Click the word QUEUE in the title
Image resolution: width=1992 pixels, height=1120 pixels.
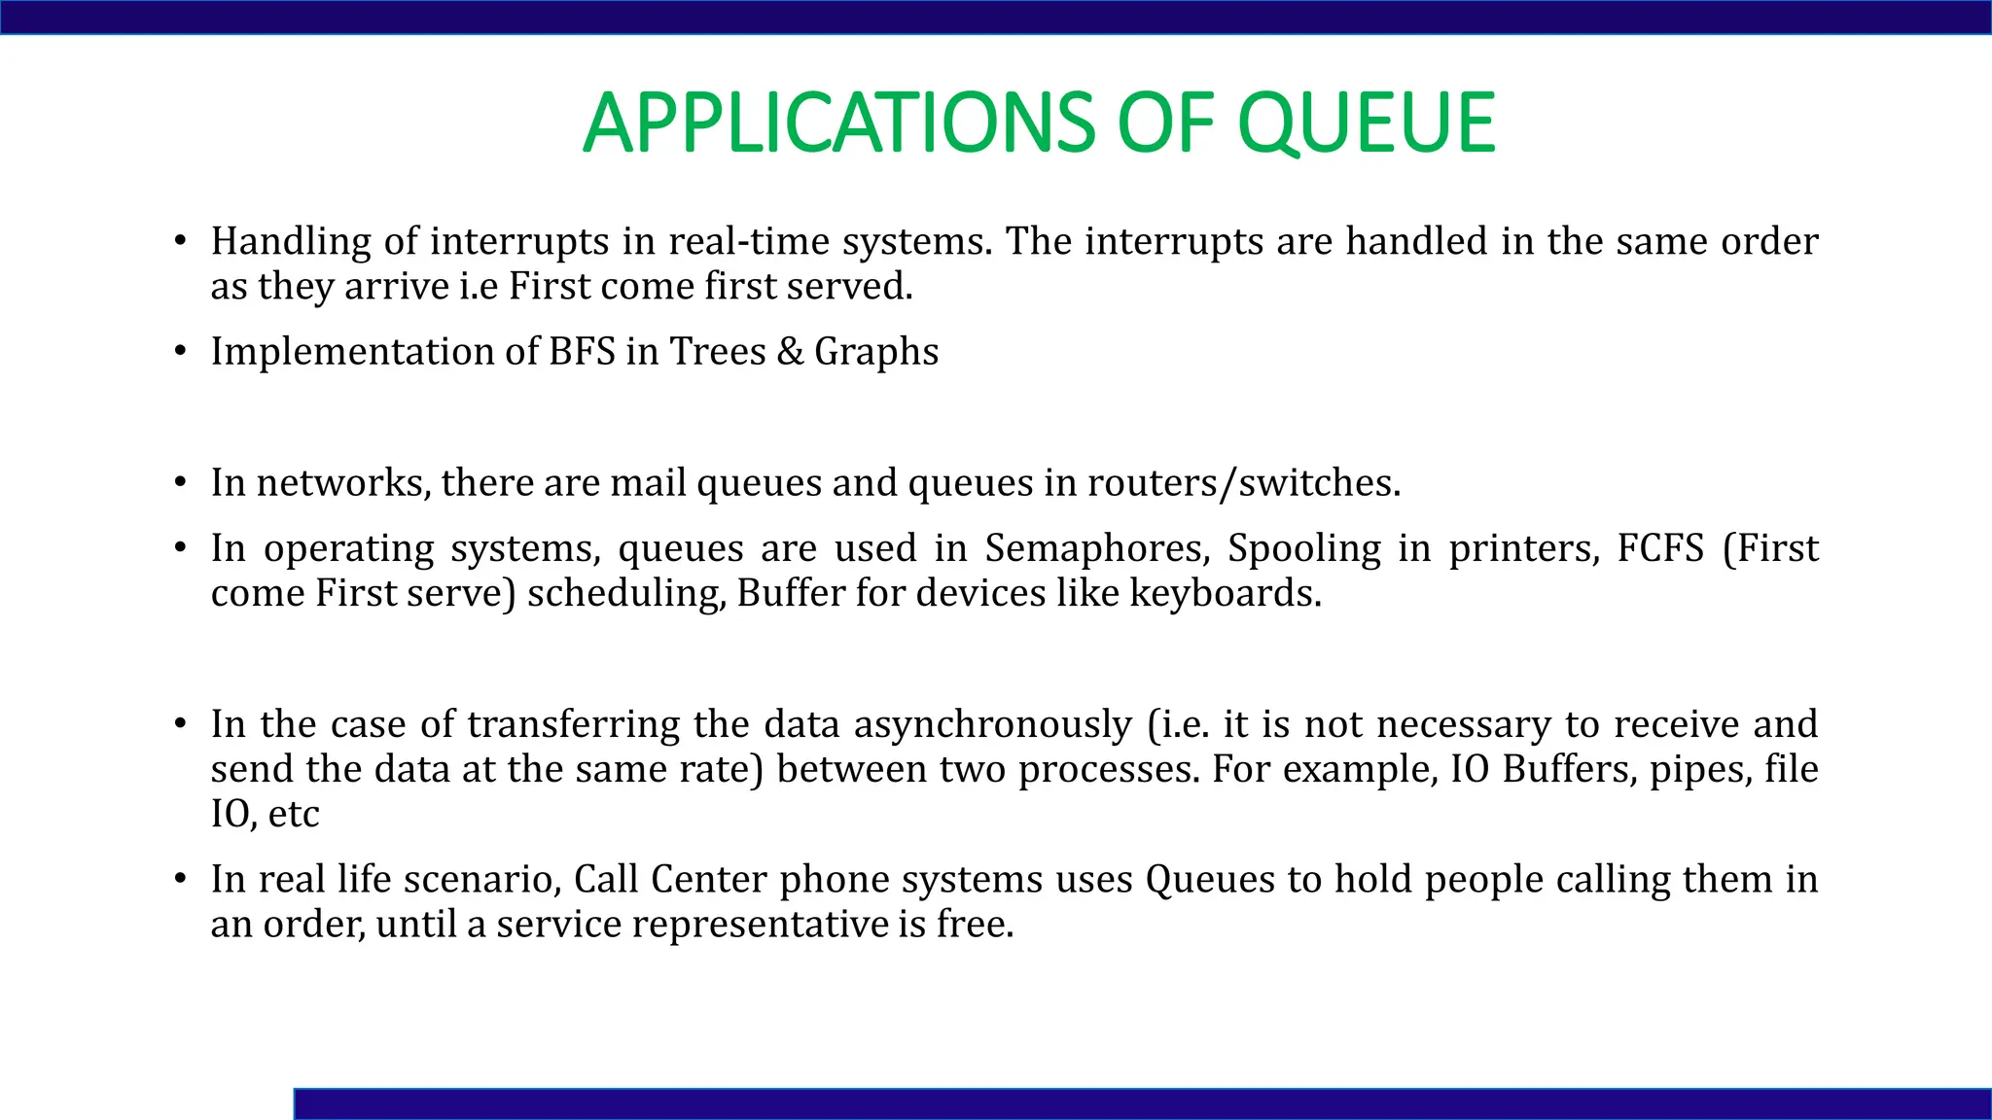[1366, 123]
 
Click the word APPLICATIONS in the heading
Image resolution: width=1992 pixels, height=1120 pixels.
[838, 123]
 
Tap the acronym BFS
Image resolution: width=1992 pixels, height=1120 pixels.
[582, 352]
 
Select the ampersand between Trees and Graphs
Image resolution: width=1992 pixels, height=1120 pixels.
[790, 352]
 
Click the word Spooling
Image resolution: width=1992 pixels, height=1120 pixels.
[1303, 549]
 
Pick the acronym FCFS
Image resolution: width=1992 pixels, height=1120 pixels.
[1660, 549]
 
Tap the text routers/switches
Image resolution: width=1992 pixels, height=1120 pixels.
[1243, 483]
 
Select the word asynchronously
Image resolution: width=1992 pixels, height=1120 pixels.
[992, 725]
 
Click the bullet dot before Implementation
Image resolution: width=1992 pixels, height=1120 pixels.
[180, 352]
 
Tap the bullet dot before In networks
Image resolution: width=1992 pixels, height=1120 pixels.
[180, 483]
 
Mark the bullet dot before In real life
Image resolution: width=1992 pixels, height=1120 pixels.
[180, 880]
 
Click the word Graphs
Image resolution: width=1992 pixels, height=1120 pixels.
[875, 352]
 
